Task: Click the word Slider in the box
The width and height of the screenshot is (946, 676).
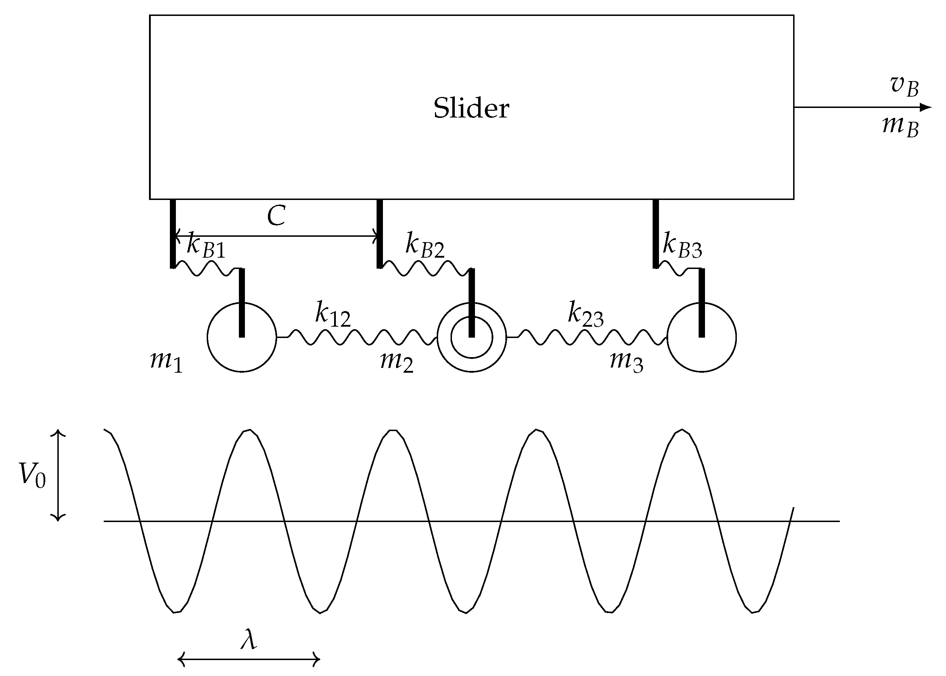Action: click(x=471, y=108)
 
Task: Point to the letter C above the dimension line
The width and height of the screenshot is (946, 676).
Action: click(x=276, y=216)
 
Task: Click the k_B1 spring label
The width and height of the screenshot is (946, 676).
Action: click(x=206, y=246)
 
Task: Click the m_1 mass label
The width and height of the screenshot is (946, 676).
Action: click(x=166, y=361)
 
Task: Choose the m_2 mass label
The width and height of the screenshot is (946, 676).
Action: click(x=397, y=361)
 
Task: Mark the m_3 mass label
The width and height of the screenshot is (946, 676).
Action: click(x=626, y=361)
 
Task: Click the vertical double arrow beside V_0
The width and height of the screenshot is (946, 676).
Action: click(x=58, y=475)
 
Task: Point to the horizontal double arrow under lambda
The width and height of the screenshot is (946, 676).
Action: click(x=249, y=659)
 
